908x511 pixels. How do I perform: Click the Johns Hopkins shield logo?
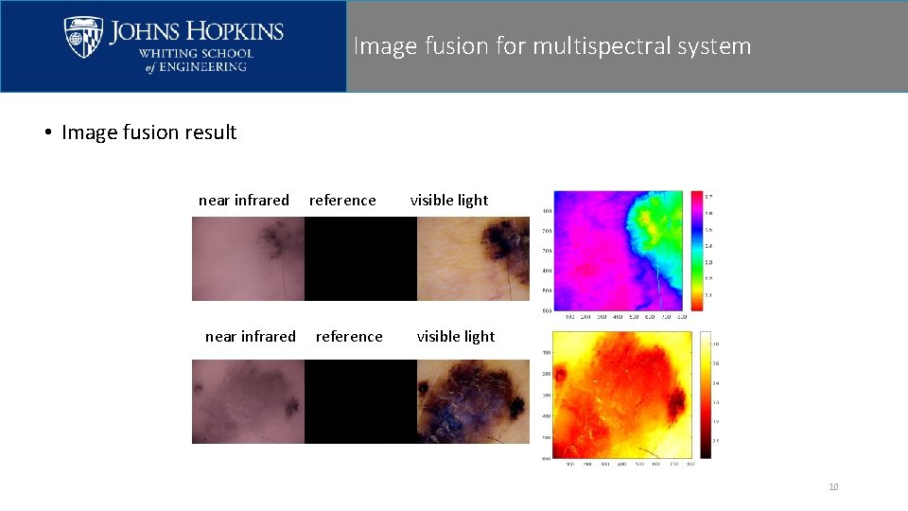[83, 37]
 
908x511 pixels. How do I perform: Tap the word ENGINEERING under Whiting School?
[203, 67]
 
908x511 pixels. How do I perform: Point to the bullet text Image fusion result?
[148, 132]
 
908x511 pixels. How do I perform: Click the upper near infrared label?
[244, 200]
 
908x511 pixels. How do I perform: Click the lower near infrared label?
[251, 336]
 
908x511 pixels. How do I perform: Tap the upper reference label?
[342, 200]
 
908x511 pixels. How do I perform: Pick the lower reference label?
[349, 336]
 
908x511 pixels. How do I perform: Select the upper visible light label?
[449, 200]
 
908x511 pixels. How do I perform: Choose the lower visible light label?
[456, 336]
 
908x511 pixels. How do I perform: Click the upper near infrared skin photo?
[248, 258]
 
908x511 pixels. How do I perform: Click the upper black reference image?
[360, 258]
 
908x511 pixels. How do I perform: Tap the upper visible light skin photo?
[473, 258]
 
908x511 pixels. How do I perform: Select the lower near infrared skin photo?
[248, 401]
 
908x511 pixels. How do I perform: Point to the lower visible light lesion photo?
[473, 401]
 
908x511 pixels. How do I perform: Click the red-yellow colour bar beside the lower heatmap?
[704, 394]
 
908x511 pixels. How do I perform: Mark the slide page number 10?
[833, 487]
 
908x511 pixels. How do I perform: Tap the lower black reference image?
[360, 401]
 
